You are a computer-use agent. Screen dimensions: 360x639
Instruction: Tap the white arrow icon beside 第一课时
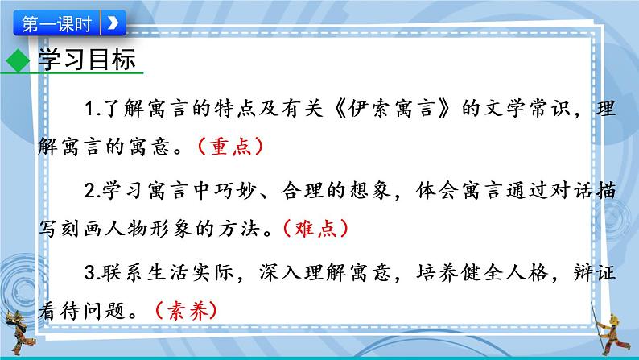click(x=113, y=23)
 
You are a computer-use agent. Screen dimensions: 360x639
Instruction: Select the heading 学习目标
click(x=84, y=62)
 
